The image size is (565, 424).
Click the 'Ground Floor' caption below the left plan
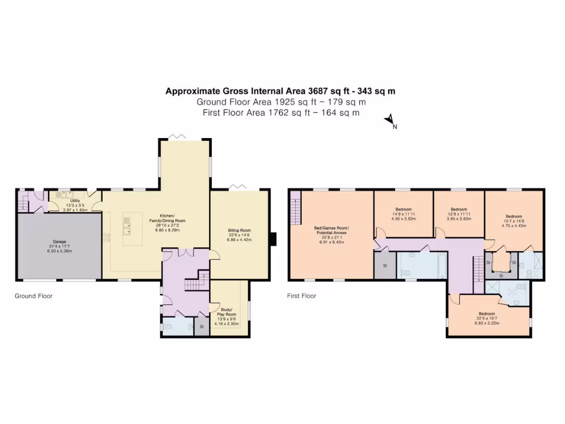point(33,296)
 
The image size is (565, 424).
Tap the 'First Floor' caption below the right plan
point(301,296)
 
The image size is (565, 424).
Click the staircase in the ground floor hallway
point(196,282)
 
